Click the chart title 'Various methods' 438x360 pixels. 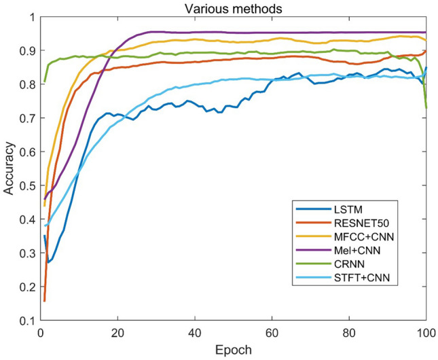234,8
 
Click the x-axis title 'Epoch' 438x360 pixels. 233,350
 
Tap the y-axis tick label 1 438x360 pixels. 31,17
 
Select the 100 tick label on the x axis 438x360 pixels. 425,332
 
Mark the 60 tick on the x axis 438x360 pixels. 272,332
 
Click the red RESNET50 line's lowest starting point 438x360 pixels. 45,301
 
